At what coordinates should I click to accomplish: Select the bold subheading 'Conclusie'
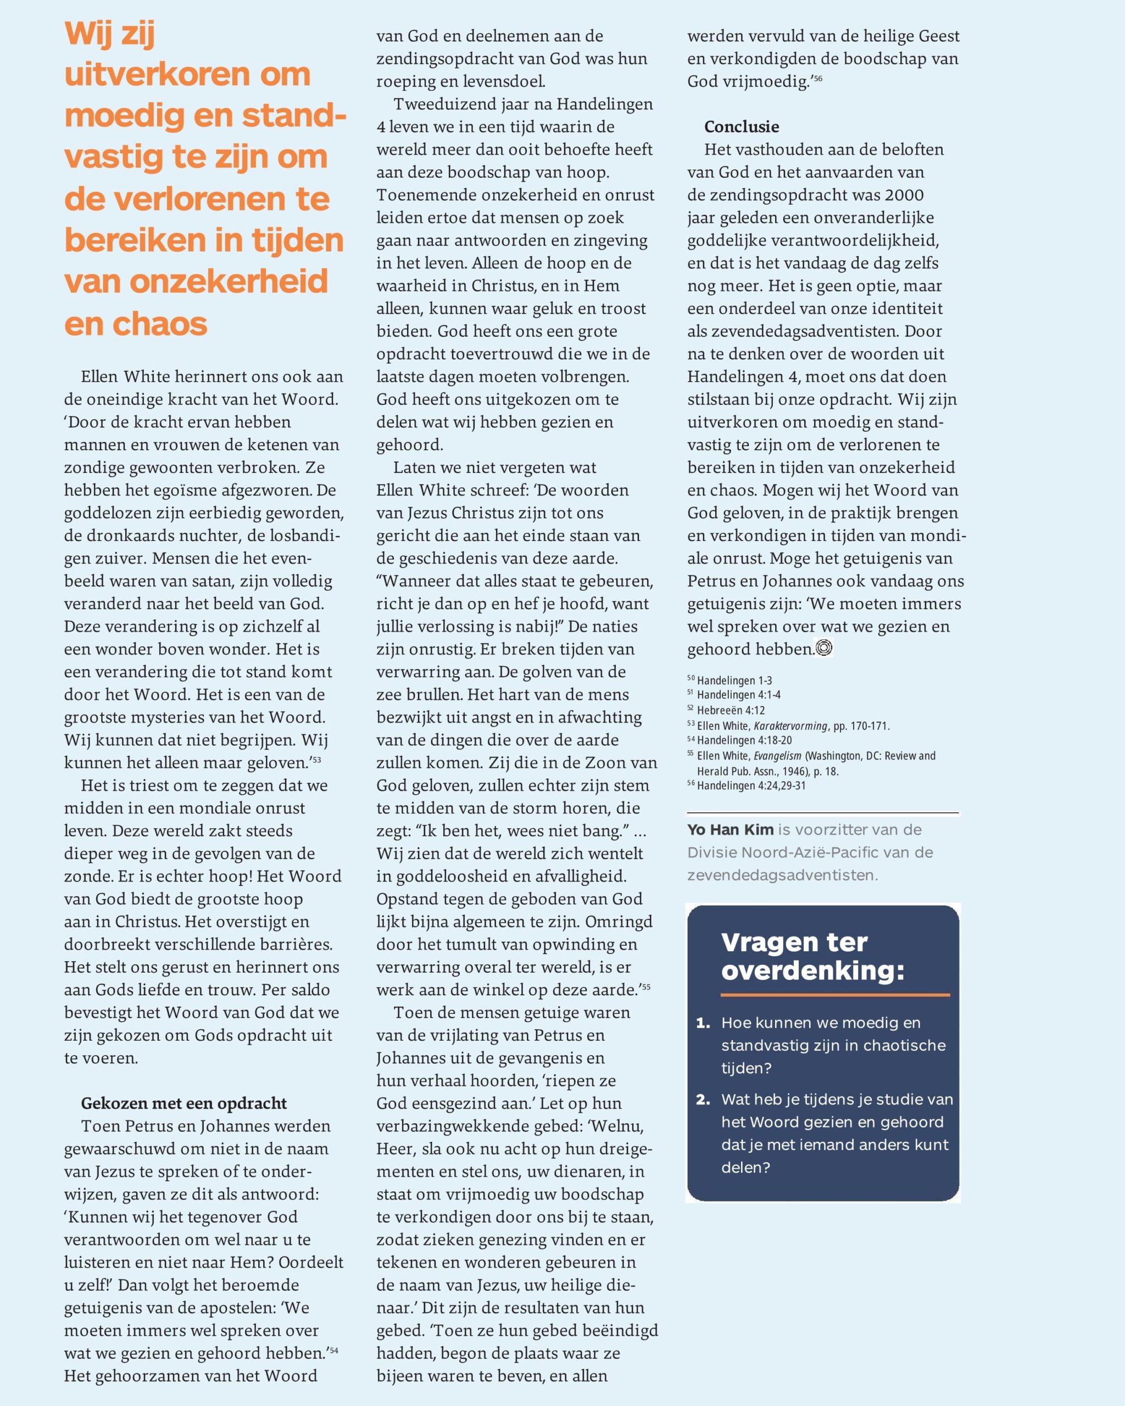(741, 126)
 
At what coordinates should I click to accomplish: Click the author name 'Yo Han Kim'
(730, 829)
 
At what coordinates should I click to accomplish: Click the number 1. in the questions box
(703, 1023)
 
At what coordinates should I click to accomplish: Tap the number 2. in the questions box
(703, 1099)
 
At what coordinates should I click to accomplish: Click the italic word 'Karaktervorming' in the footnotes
(790, 725)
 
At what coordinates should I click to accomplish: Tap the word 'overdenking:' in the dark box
(812, 970)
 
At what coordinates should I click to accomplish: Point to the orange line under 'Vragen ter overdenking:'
(835, 995)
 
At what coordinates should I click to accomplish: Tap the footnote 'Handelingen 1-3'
(734, 680)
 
